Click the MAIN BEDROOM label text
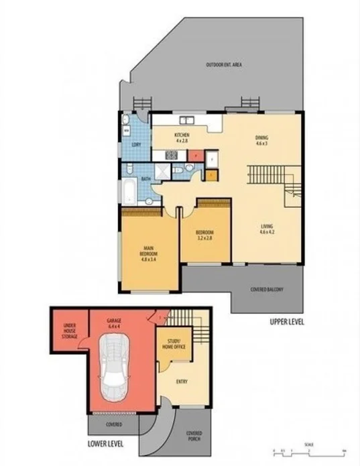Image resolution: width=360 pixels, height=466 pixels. coord(148,255)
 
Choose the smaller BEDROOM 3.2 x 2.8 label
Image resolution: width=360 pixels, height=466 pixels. coord(204,235)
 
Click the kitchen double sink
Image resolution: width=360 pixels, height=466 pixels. coord(185,121)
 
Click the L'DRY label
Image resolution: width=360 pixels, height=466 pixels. coord(136,144)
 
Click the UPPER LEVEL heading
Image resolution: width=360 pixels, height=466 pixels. coord(286,322)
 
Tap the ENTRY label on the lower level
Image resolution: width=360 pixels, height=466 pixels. coord(182,383)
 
